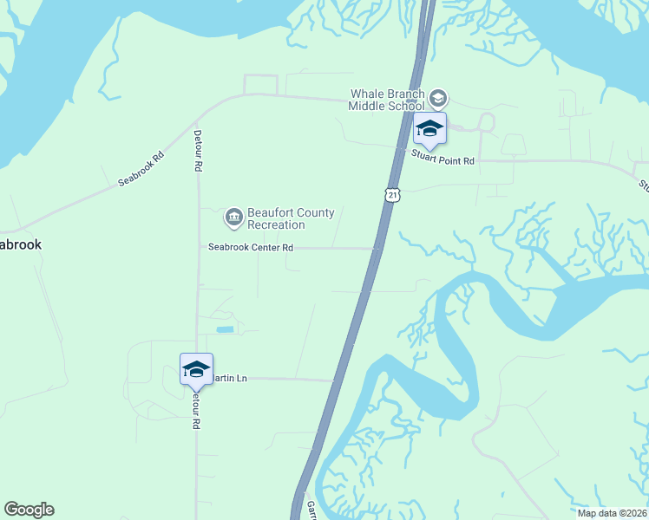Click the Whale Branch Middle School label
pyautogui.click(x=386, y=100)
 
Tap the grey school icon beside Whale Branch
pyautogui.click(x=438, y=98)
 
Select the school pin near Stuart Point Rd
pyautogui.click(x=429, y=130)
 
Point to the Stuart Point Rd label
pyautogui.click(x=444, y=161)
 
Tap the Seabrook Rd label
pyautogui.click(x=141, y=170)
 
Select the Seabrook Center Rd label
pyautogui.click(x=251, y=248)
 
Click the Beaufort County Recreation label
pyautogui.click(x=279, y=218)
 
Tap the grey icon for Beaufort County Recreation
pyautogui.click(x=233, y=217)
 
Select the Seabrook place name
pyautogui.click(x=19, y=245)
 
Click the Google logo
pyautogui.click(x=29, y=510)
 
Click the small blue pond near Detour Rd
pyautogui.click(x=225, y=329)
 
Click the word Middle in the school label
pyautogui.click(x=367, y=107)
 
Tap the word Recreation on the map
pyautogui.click(x=276, y=225)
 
